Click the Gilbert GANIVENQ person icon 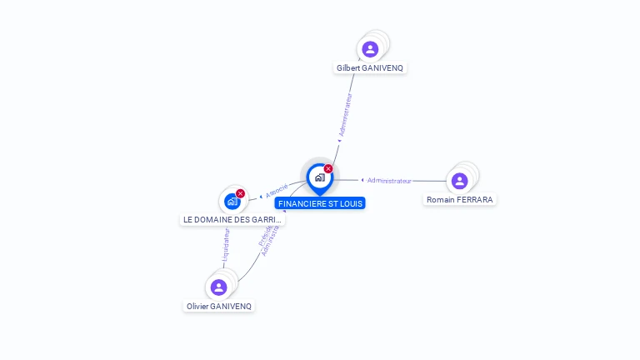(x=370, y=49)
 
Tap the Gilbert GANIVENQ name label (x=371, y=67)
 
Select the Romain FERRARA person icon (x=459, y=181)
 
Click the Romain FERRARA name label (x=459, y=200)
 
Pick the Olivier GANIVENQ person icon (x=218, y=287)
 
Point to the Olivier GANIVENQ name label (x=218, y=306)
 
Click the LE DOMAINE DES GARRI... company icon (x=232, y=201)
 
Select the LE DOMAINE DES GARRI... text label (x=232, y=220)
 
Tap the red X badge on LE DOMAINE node (x=241, y=193)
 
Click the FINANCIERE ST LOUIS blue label (x=320, y=203)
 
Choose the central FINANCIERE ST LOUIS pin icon (x=319, y=177)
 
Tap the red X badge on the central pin (x=328, y=169)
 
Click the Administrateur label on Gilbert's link (x=346, y=115)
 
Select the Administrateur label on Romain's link (x=390, y=181)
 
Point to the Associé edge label (x=277, y=189)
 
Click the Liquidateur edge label (x=225, y=246)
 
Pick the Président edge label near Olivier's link (x=262, y=234)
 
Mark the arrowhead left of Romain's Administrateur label (x=362, y=180)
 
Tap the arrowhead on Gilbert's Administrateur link (x=339, y=140)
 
